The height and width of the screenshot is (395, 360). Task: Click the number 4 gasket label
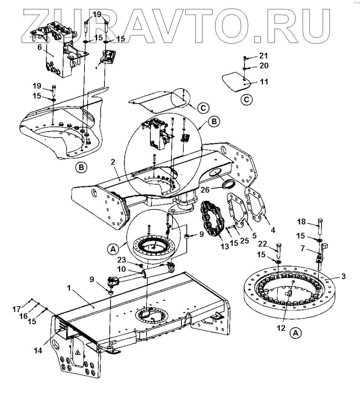pos(273,230)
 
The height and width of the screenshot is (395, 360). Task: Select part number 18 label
pos(302,222)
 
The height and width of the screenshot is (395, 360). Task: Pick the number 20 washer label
pos(264,66)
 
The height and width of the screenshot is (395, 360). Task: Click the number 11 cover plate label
pos(264,82)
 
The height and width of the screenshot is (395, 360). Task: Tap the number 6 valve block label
pos(40,47)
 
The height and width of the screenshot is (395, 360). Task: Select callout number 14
pos(38,350)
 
